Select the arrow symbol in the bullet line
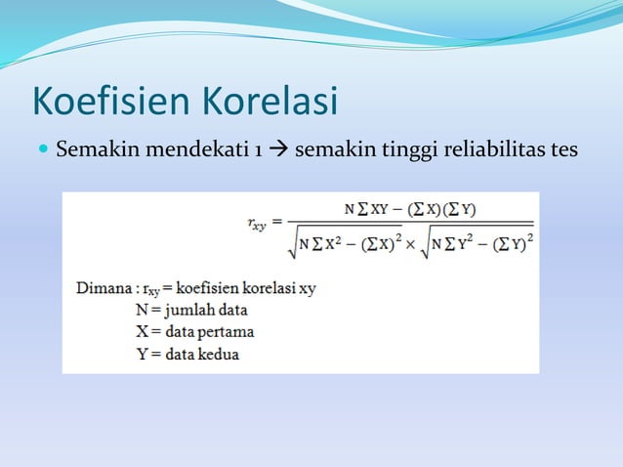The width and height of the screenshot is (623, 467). point(277,151)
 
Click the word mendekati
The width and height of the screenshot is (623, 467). point(189,151)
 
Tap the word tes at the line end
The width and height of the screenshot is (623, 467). point(563,151)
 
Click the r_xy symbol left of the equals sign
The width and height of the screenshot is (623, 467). point(256,224)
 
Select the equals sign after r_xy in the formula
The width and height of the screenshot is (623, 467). point(278,224)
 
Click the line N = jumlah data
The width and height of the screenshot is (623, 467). point(191,311)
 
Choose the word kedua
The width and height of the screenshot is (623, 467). point(219,354)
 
